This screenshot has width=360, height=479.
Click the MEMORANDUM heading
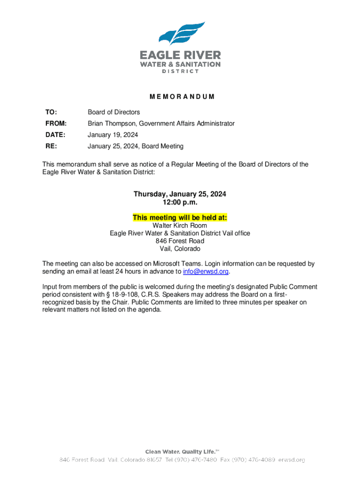point(182,97)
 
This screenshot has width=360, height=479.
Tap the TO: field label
point(51,112)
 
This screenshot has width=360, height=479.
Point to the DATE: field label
point(55,135)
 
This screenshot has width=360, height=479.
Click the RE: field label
point(49,146)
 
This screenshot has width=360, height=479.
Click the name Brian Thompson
point(111,123)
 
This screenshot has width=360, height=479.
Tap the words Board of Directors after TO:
point(114,112)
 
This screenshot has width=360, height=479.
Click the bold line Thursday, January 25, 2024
point(180,194)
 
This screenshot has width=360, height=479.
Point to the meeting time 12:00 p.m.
point(180,203)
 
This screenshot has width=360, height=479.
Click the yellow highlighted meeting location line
point(180,218)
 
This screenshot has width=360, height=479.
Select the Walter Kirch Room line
point(180,225)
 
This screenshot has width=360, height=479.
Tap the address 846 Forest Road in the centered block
point(180,241)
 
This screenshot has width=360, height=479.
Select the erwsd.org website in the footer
point(293,460)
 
